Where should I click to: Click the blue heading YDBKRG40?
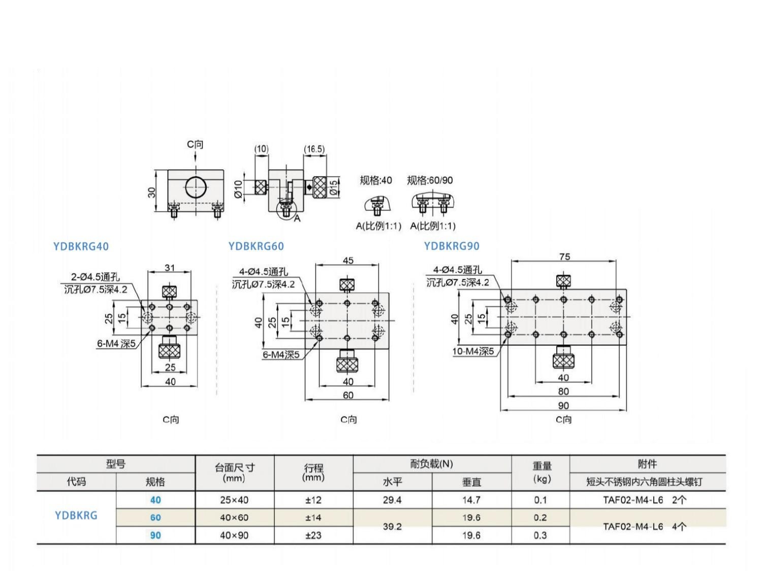[x=81, y=246]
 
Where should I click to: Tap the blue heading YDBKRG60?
[x=256, y=246]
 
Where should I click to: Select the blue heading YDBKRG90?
[x=452, y=246]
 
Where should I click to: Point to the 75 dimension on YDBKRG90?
[x=564, y=257]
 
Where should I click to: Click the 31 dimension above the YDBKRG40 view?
[x=170, y=268]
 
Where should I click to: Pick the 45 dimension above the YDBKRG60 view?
[x=348, y=260]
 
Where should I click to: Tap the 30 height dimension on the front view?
[x=152, y=193]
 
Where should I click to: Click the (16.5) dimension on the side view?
[x=314, y=149]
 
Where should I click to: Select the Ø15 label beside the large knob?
[x=333, y=188]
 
